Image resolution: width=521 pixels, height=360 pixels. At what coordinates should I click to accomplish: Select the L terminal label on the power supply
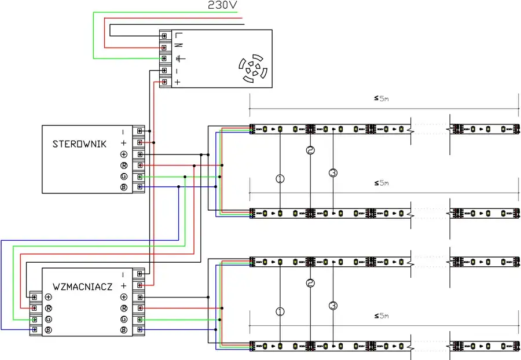pos(178,36)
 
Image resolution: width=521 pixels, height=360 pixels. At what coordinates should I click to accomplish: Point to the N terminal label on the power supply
pos(178,47)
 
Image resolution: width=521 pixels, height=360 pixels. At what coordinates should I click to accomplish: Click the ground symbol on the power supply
pos(178,58)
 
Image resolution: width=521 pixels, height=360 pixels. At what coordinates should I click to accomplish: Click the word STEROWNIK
pos(79,144)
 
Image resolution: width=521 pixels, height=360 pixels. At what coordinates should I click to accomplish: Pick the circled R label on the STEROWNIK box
pos(123,166)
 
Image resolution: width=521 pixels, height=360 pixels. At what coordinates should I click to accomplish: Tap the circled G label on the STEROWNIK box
pos(123,177)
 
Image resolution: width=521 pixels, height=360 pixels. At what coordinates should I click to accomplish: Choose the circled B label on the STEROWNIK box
pos(123,188)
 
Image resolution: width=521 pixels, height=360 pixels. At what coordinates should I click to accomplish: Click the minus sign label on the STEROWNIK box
pos(123,131)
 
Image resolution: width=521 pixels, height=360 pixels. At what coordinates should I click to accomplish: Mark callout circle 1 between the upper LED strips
pos(280,179)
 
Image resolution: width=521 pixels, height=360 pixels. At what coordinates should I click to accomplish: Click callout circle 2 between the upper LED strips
pos(310,150)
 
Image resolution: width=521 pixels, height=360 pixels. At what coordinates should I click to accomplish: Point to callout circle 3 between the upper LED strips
pos(333,172)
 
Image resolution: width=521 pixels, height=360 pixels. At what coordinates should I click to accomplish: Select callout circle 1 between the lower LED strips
pos(280,311)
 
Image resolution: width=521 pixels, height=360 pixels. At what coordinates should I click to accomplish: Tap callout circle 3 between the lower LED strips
pos(333,305)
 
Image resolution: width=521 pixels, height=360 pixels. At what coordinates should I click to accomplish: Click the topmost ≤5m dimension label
pos(381,98)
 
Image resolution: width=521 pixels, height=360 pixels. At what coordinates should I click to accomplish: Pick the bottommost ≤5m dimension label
pos(381,316)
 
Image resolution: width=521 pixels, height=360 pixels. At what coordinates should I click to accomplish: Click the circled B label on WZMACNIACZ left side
pos(49,330)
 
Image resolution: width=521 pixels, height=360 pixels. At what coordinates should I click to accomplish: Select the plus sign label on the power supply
pos(178,82)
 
